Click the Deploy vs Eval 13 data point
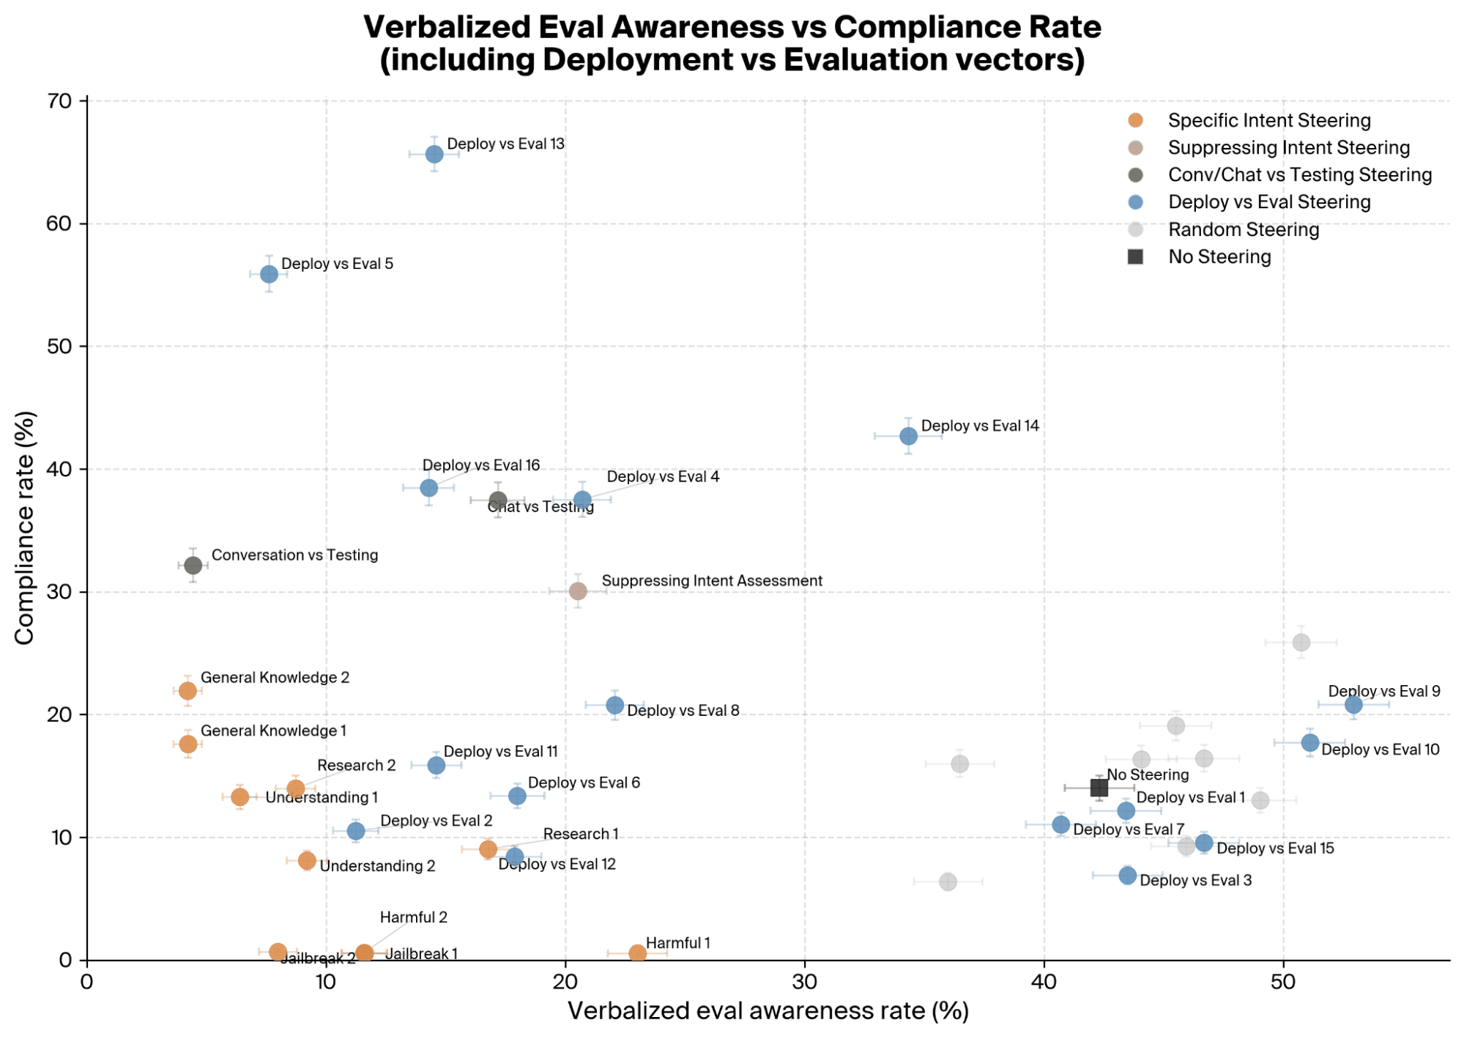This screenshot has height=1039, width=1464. click(x=434, y=154)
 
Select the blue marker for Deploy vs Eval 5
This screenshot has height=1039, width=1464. click(x=269, y=274)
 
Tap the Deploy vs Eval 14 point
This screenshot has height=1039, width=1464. click(x=908, y=436)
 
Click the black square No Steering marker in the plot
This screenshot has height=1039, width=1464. click(x=1099, y=788)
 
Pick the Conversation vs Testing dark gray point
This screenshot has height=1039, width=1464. click(x=193, y=566)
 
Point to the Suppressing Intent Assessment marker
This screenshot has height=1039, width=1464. click(x=578, y=591)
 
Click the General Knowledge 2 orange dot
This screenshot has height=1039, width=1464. click(x=187, y=691)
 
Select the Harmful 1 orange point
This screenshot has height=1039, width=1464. click(x=637, y=953)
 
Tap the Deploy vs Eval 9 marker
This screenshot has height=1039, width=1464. click(x=1353, y=705)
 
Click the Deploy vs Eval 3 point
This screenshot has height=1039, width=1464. click(x=1127, y=876)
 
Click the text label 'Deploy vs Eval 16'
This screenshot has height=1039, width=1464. click(x=481, y=465)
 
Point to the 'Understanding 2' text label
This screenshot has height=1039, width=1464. click(x=377, y=866)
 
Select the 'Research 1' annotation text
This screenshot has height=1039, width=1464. click(x=581, y=834)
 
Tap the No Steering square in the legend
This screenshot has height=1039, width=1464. click(x=1135, y=256)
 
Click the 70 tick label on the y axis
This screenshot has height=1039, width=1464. click(x=60, y=101)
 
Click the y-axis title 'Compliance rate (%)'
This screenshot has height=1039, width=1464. click(x=24, y=528)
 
